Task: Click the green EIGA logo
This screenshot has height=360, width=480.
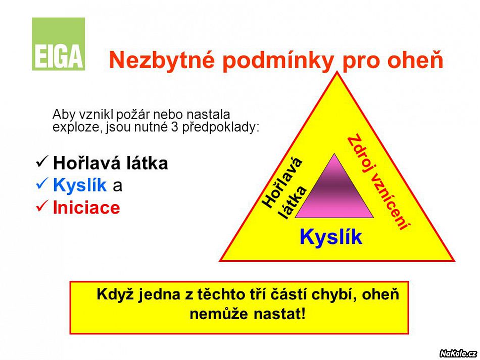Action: click(x=58, y=44)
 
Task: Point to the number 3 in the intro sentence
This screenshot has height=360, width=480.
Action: click(x=174, y=127)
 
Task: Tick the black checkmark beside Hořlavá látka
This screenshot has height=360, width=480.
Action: click(x=42, y=162)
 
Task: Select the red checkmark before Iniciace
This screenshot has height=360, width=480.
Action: click(x=42, y=205)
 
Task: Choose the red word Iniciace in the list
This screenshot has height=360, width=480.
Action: click(x=86, y=208)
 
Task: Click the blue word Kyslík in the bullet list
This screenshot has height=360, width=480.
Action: click(x=80, y=185)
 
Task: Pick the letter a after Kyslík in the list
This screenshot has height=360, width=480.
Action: click(x=118, y=186)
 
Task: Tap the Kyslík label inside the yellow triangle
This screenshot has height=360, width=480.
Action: click(x=331, y=236)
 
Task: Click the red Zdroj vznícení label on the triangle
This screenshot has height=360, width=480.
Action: click(x=378, y=182)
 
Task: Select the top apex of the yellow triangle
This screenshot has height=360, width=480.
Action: click(x=338, y=72)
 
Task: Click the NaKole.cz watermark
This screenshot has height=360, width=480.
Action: click(x=458, y=353)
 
